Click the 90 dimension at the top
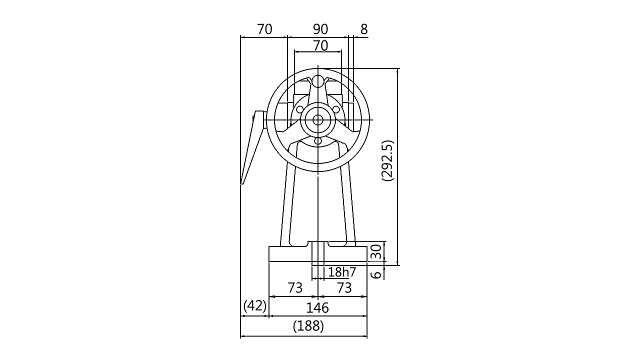320,29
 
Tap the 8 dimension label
363,29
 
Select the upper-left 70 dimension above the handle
264,29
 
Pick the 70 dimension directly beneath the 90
320,46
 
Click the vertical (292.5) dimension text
388,161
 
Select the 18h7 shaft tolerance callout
342,272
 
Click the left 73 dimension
295,288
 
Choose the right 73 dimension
344,288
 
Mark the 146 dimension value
318,307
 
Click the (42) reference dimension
254,306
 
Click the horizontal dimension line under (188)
304,338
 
